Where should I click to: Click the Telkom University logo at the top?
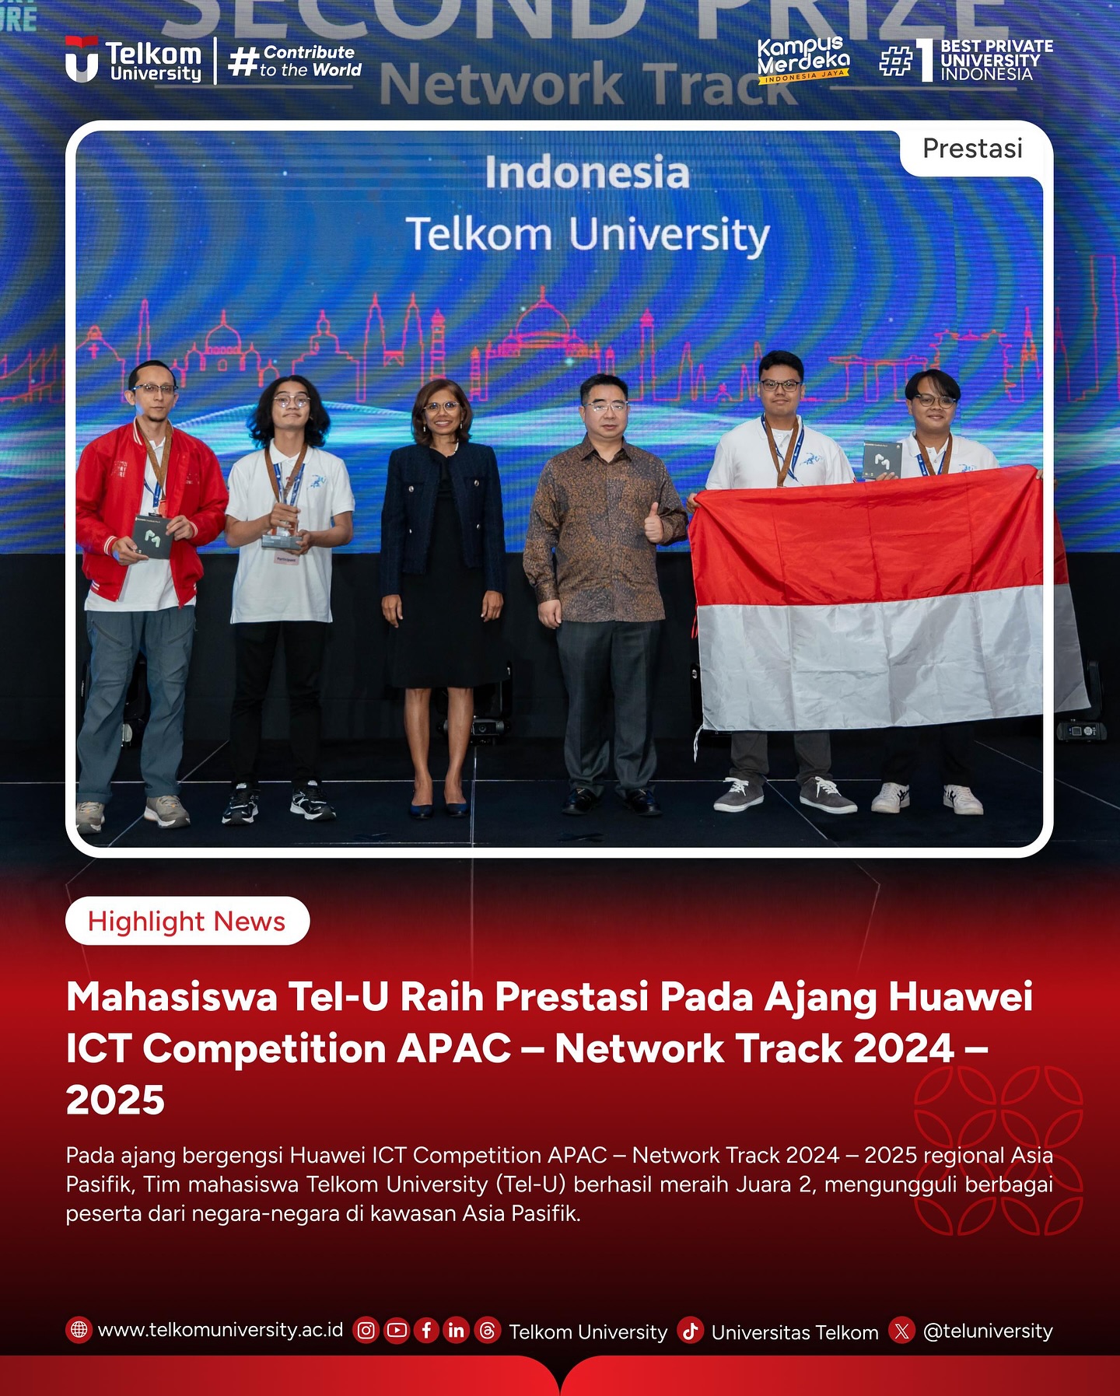pyautogui.click(x=134, y=60)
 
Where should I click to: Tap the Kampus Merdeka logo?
pyautogui.click(x=803, y=59)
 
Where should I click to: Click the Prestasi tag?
pyautogui.click(x=972, y=149)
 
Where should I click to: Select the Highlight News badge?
pyautogui.click(x=187, y=921)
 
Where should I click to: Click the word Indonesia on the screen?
pyautogui.click(x=587, y=173)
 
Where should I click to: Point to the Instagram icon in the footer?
pyautogui.click(x=366, y=1331)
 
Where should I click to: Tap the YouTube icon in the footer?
pyautogui.click(x=396, y=1331)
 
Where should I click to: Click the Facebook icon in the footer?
pyautogui.click(x=426, y=1331)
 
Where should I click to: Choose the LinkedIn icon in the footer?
pyautogui.click(x=457, y=1331)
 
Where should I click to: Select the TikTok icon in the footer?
pyautogui.click(x=690, y=1331)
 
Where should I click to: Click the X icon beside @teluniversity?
pyautogui.click(x=901, y=1331)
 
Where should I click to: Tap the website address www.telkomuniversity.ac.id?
pyautogui.click(x=220, y=1330)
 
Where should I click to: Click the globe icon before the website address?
pyautogui.click(x=79, y=1330)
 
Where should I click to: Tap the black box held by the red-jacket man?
pyautogui.click(x=152, y=534)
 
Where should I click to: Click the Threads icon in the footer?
pyautogui.click(x=487, y=1331)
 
